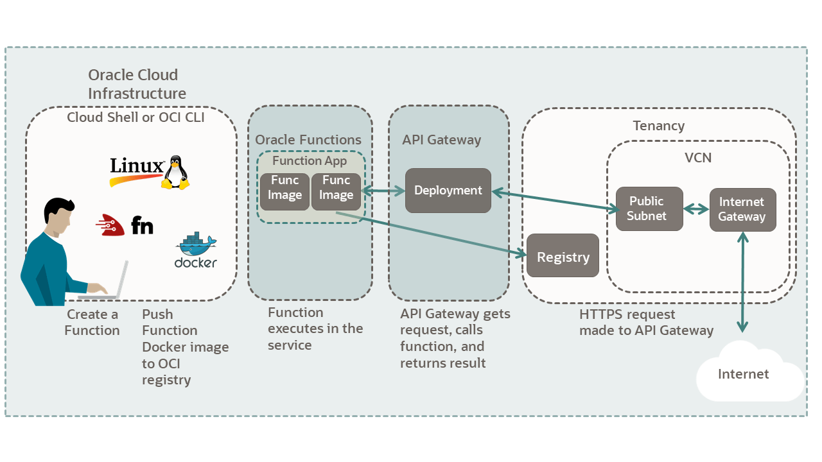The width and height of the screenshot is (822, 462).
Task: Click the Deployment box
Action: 448,191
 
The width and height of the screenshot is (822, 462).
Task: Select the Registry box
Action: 563,256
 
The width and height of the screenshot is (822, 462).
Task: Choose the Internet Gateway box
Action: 742,209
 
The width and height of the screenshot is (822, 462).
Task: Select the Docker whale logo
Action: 195,247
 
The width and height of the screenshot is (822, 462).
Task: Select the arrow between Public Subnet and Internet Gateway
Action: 696,209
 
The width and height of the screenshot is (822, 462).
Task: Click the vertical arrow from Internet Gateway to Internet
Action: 742,282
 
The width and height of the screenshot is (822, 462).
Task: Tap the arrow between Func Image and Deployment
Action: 383,191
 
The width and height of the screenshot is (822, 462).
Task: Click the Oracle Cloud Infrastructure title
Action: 137,84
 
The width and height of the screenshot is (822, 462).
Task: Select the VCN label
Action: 698,157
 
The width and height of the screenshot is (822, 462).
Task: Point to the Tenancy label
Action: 658,126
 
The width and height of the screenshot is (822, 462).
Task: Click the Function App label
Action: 310,161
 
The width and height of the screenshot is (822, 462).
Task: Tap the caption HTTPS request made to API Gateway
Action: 645,323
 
